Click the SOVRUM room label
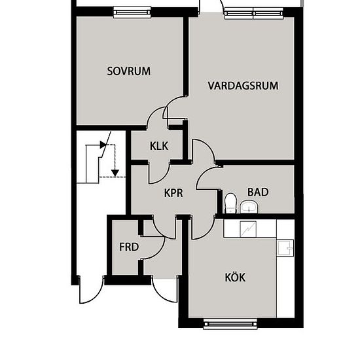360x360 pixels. [129, 71]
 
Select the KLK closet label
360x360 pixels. [159, 146]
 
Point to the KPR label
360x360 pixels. [173, 193]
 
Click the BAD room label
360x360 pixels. [258, 192]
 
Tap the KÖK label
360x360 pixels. [235, 278]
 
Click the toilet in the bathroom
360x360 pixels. [230, 202]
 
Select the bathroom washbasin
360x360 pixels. [249, 207]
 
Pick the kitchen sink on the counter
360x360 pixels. [285, 247]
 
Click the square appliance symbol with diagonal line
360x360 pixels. [249, 228]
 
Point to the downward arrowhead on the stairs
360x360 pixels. [115, 173]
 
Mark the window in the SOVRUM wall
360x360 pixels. [132, 11]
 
